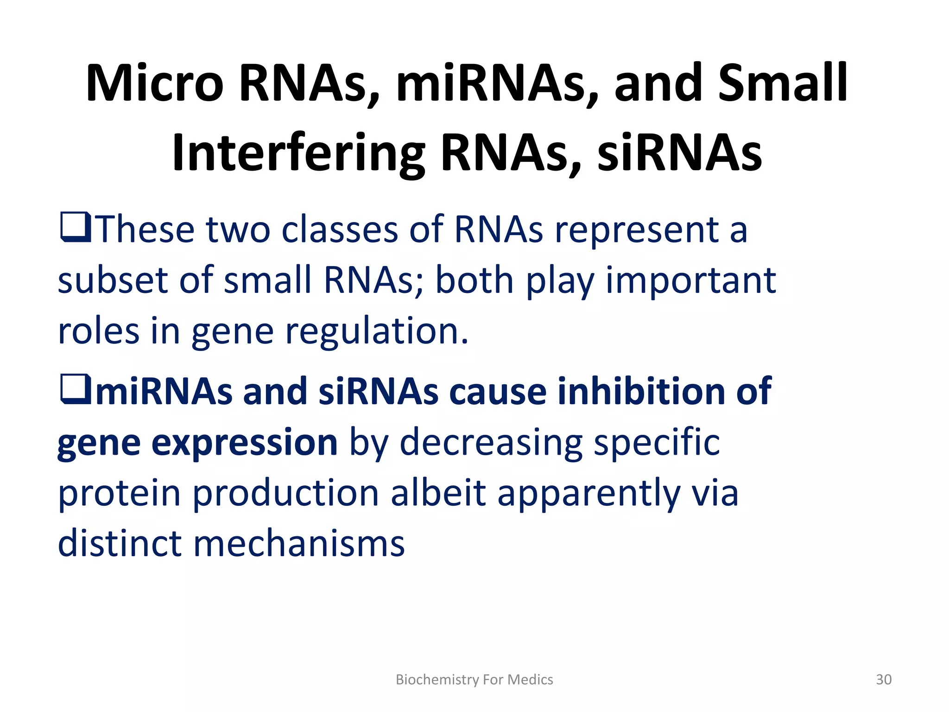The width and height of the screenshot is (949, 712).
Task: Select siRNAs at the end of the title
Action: pyautogui.click(x=679, y=153)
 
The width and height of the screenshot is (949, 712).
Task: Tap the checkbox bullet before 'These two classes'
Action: pyautogui.click(x=75, y=227)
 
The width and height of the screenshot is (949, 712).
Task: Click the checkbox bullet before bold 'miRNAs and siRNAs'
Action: pyautogui.click(x=75, y=389)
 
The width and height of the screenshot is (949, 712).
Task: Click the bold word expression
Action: pyautogui.click(x=244, y=443)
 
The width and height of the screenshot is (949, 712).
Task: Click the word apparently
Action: pyautogui.click(x=588, y=494)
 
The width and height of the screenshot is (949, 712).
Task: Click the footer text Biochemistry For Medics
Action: pyautogui.click(x=474, y=680)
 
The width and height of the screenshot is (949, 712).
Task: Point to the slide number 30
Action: pyautogui.click(x=884, y=680)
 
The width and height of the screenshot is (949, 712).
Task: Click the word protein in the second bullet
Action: pyautogui.click(x=119, y=494)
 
